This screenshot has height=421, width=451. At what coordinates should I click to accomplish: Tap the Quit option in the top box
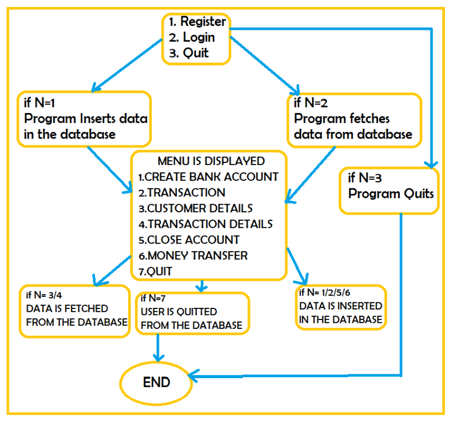click(195, 53)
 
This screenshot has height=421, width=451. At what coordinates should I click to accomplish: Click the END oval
click(156, 382)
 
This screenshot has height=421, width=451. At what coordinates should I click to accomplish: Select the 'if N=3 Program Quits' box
click(390, 191)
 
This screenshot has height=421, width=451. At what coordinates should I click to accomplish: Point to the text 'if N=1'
click(41, 104)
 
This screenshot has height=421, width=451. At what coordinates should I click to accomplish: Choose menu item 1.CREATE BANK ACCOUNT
click(208, 177)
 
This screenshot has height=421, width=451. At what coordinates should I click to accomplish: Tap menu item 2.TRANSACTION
click(182, 192)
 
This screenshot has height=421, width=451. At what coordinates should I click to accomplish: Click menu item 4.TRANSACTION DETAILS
click(205, 224)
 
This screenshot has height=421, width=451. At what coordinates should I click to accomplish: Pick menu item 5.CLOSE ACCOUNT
click(189, 240)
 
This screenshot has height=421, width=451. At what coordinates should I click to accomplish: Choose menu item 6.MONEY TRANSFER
click(193, 256)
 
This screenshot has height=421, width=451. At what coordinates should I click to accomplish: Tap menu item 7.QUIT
click(155, 272)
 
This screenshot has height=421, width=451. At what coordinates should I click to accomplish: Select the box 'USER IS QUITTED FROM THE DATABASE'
click(192, 312)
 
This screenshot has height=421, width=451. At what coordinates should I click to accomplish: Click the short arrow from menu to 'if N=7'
click(201, 286)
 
